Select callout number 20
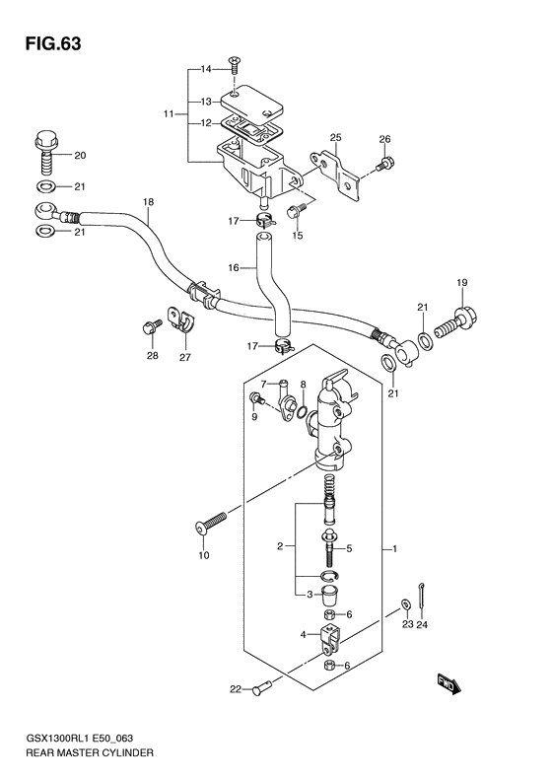pyautogui.click(x=80, y=155)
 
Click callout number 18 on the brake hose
pyautogui.click(x=148, y=203)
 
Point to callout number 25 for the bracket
pyautogui.click(x=335, y=136)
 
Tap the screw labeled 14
pyautogui.click(x=235, y=67)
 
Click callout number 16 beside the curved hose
pyautogui.click(x=234, y=267)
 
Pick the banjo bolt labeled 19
pyautogui.click(x=462, y=320)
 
